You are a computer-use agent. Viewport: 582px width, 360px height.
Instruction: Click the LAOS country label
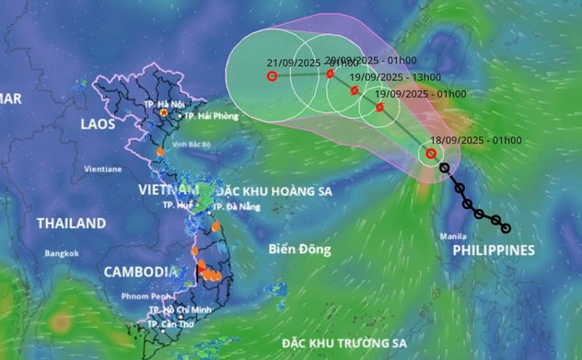97,122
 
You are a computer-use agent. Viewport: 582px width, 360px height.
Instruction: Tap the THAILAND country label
71,223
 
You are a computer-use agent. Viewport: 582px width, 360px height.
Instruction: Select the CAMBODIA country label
140,272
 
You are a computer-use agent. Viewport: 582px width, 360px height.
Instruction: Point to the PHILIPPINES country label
494,250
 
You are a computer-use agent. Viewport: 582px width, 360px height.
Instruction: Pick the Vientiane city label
102,169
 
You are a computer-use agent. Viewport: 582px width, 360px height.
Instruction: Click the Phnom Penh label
146,296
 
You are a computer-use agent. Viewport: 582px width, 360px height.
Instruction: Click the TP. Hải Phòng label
211,116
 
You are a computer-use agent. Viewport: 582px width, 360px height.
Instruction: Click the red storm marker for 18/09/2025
430,154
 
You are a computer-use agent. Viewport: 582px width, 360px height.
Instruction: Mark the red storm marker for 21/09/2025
273,76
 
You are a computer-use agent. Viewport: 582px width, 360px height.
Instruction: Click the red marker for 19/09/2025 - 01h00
379,108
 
